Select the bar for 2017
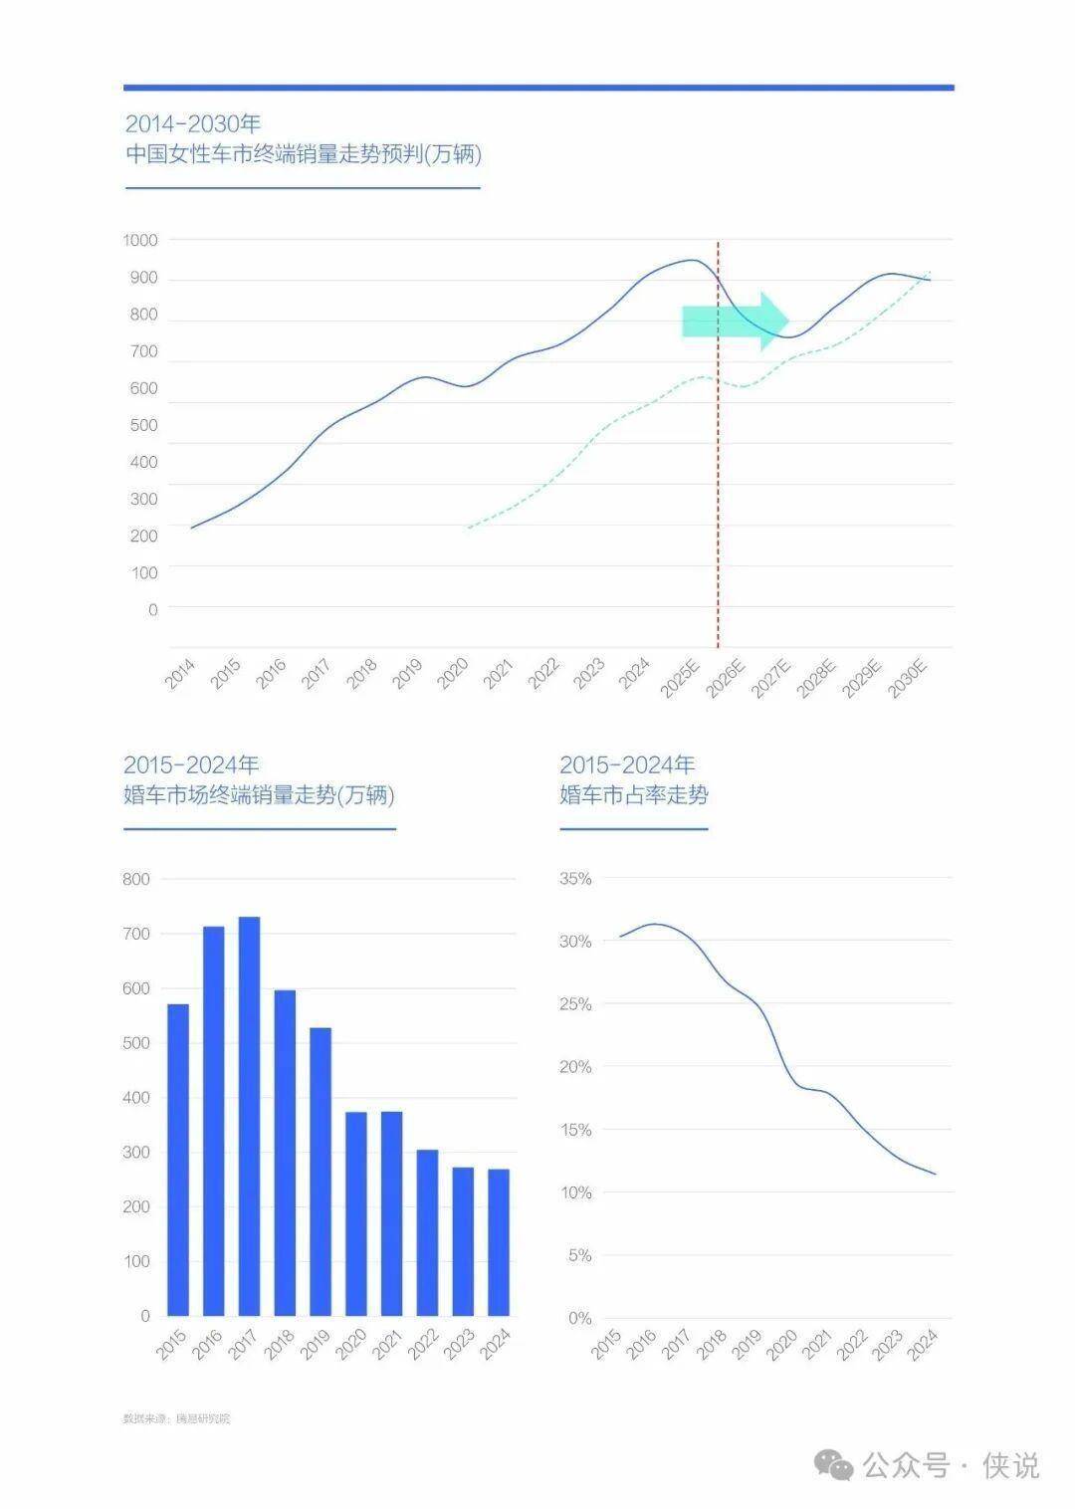click(x=249, y=1115)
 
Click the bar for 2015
click(x=178, y=1159)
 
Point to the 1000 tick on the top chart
click(x=140, y=240)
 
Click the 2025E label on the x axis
click(x=682, y=676)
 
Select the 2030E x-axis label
click(x=908, y=676)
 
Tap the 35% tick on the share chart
click(x=575, y=879)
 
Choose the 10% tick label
click(x=575, y=1192)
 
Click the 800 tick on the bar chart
click(x=136, y=879)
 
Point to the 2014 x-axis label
click(x=180, y=674)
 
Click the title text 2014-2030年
click(x=193, y=124)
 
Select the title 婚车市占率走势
click(x=634, y=795)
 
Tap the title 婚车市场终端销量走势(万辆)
click(x=259, y=795)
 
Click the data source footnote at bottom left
click(x=176, y=1418)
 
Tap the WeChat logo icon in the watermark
click(x=834, y=1464)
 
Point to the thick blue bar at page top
click(x=538, y=88)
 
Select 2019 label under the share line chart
click(x=748, y=1346)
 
